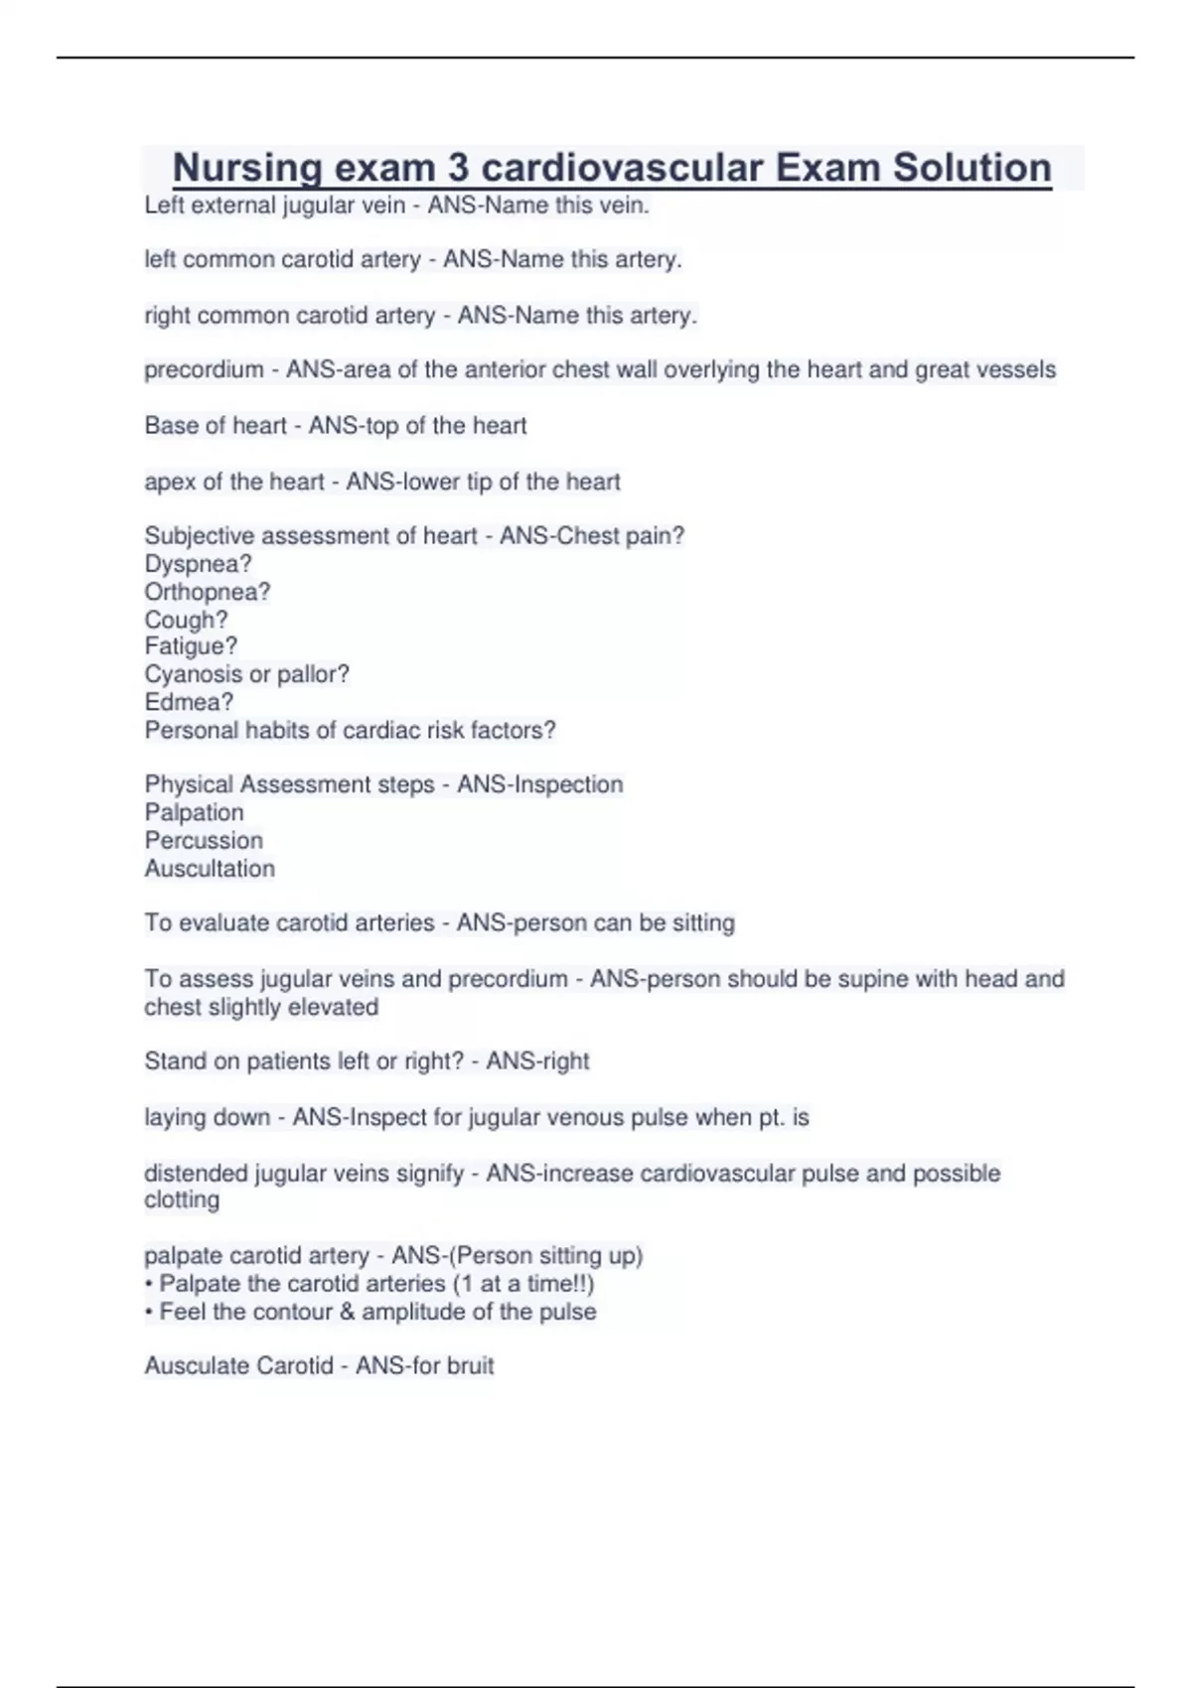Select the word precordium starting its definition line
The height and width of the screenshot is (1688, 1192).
pyautogui.click(x=204, y=370)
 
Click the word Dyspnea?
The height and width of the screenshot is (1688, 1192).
pyautogui.click(x=198, y=564)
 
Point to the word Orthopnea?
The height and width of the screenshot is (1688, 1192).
pyautogui.click(x=207, y=592)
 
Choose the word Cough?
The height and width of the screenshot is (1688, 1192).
pyautogui.click(x=186, y=620)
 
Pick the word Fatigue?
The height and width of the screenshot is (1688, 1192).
pyautogui.click(x=191, y=646)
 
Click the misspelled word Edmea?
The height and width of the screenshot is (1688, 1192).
pyautogui.click(x=189, y=702)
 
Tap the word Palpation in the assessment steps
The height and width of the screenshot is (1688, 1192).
pyautogui.click(x=194, y=812)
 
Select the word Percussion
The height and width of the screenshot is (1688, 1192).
pyautogui.click(x=204, y=840)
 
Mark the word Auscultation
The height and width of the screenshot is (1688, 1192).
pyautogui.click(x=210, y=869)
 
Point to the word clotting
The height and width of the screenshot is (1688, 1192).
pyautogui.click(x=182, y=1199)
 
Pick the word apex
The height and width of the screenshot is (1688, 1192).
pyautogui.click(x=170, y=483)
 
